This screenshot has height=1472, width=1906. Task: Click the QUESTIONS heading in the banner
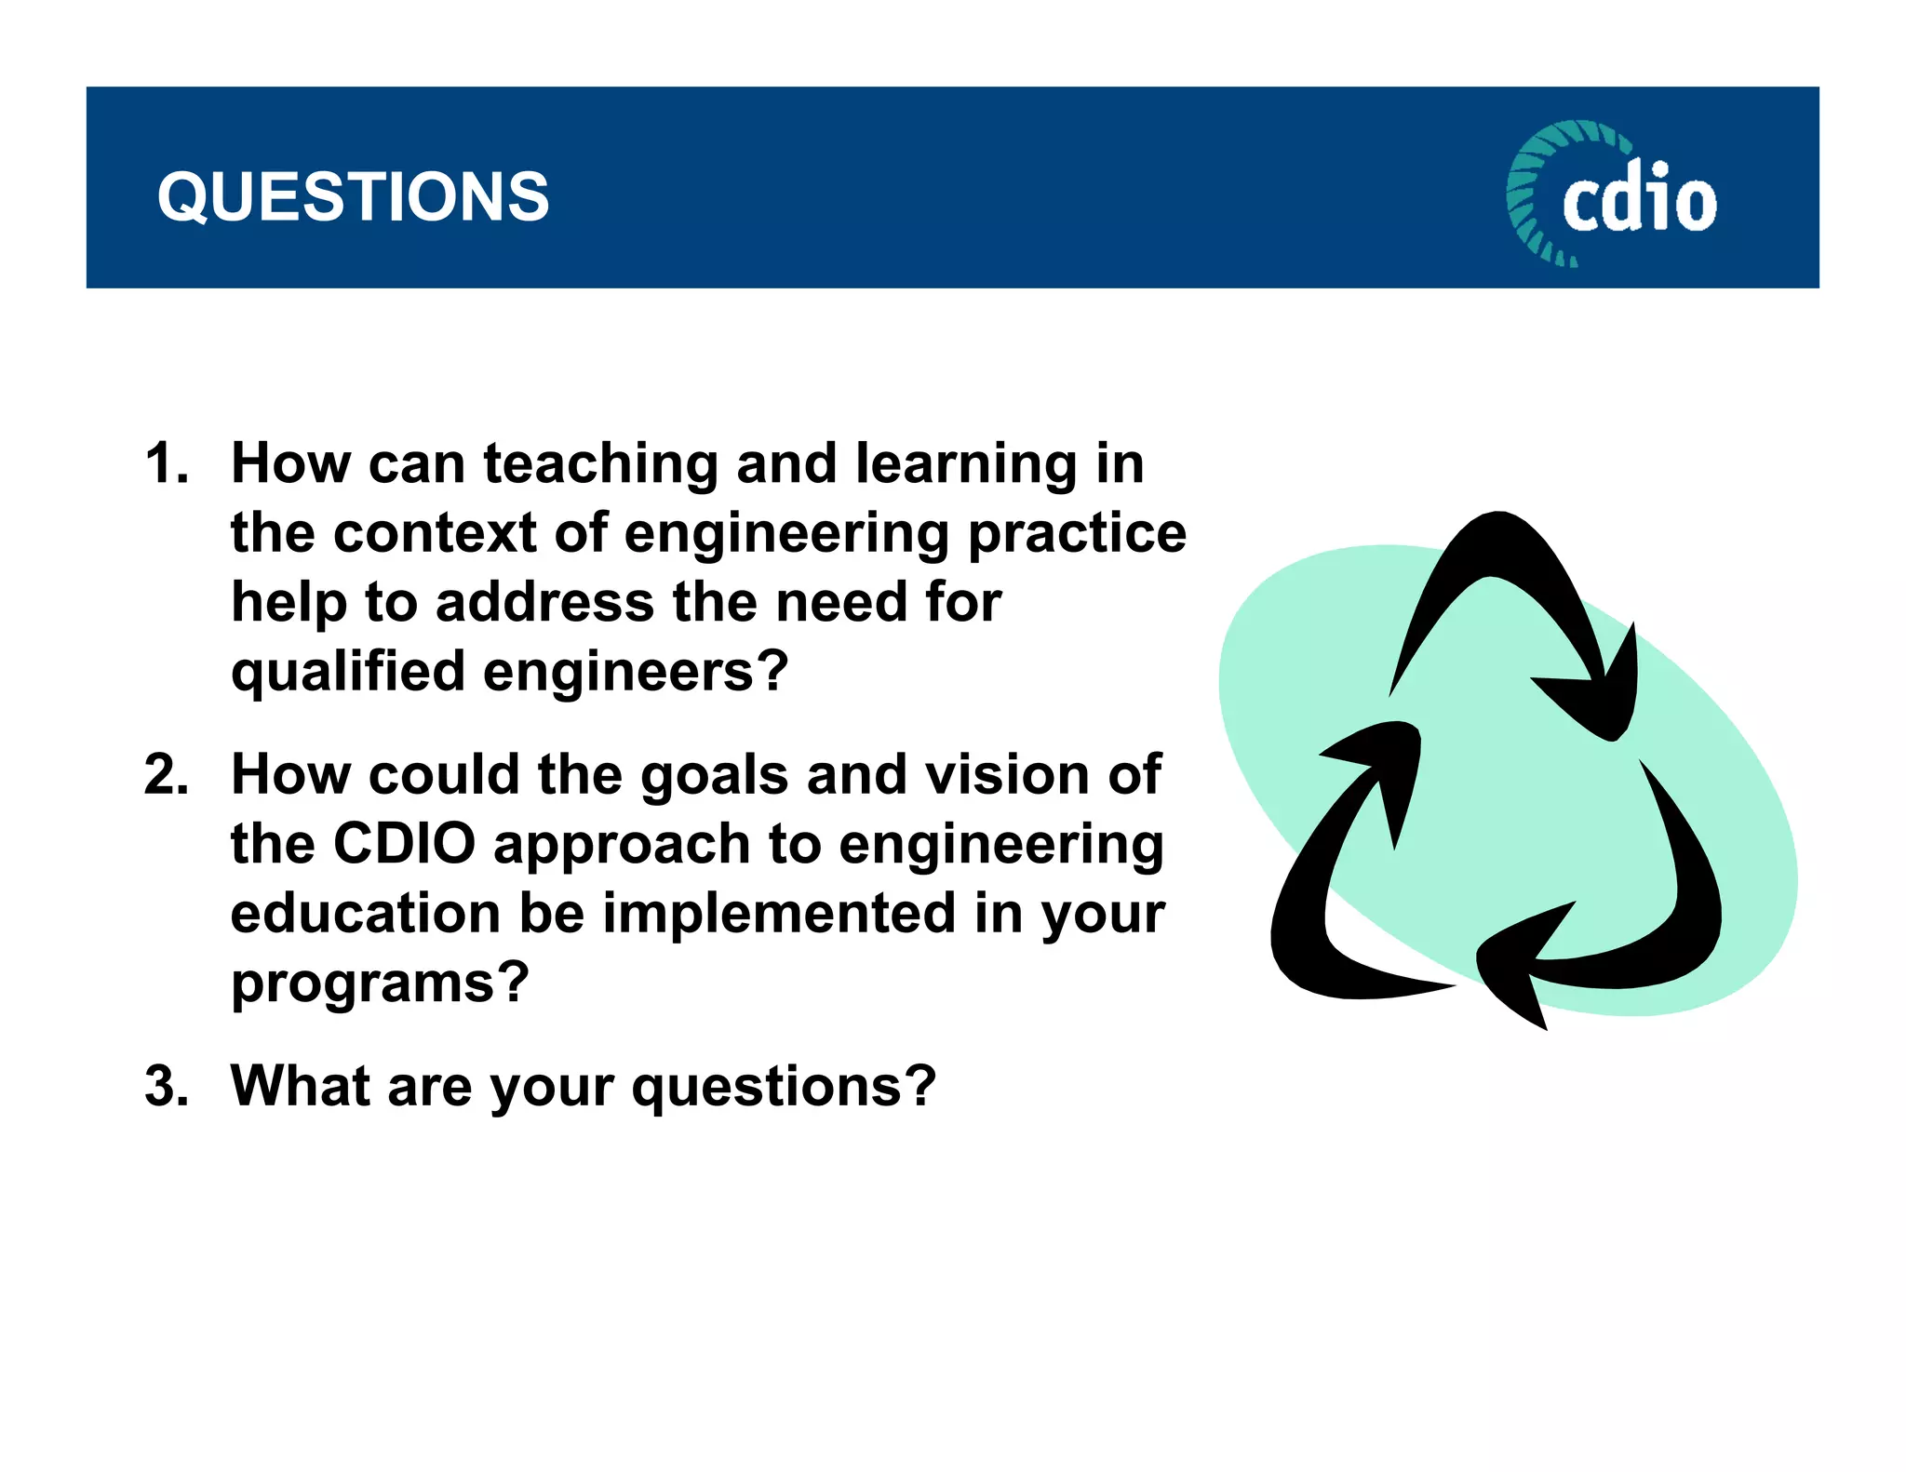coord(353,197)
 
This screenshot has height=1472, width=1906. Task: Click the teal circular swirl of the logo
coord(1536,186)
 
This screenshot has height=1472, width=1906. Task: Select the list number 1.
coord(167,463)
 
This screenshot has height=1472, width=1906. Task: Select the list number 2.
coord(167,774)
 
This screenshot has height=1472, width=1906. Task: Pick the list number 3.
coord(167,1086)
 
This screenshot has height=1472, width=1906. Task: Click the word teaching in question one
coord(601,463)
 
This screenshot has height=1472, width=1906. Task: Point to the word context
coord(437,533)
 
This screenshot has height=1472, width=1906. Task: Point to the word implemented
coord(780,913)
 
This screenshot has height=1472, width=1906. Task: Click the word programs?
coord(380,984)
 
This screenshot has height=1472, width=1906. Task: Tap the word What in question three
coord(300,1086)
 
